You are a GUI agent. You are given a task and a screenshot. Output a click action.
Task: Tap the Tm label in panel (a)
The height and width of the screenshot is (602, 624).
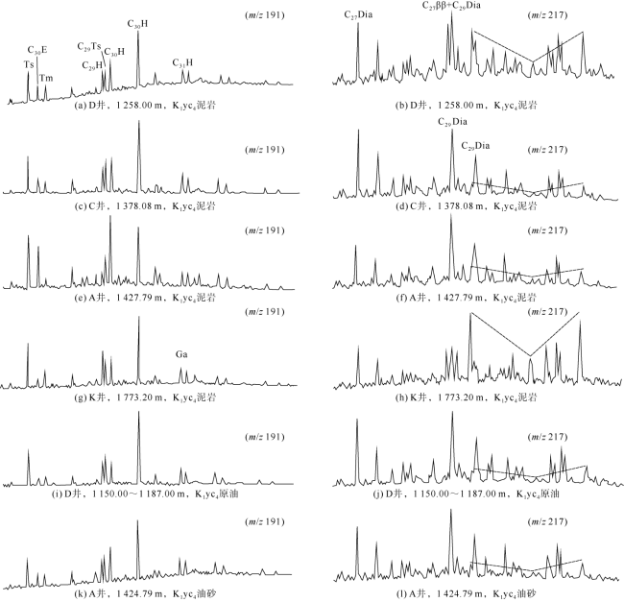tap(46, 77)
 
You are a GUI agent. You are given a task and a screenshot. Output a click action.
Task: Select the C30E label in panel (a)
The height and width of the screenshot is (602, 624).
tap(36, 50)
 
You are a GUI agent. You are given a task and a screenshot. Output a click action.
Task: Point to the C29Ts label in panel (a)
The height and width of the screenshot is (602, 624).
tap(89, 46)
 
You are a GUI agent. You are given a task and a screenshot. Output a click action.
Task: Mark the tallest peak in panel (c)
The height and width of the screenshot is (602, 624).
tap(139, 123)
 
